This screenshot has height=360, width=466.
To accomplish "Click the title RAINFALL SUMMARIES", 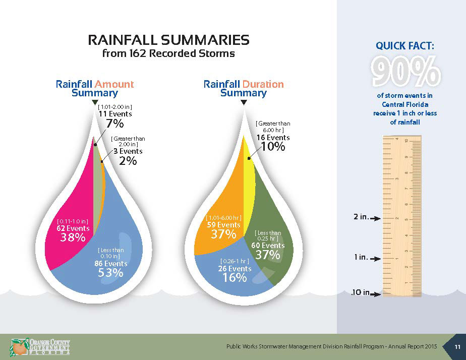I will [168, 40].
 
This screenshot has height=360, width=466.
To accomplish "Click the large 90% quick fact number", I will [405, 72].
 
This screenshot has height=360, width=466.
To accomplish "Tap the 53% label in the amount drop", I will [110, 273].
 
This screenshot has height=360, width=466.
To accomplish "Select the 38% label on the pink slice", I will [73, 237].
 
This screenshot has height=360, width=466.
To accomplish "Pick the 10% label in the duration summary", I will [272, 147].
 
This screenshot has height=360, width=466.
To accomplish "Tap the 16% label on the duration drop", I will [234, 277].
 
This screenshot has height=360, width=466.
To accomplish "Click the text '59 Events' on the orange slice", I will [223, 225].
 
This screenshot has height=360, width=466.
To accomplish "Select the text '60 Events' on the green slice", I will [268, 246].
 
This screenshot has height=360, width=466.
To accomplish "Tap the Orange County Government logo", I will [39, 347].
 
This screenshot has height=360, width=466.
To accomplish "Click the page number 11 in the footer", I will [457, 346].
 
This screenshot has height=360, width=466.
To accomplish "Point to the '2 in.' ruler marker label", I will [362, 218].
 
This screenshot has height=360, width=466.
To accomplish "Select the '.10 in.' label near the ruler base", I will [361, 292].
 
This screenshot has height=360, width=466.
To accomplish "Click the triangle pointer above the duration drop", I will [244, 103].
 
